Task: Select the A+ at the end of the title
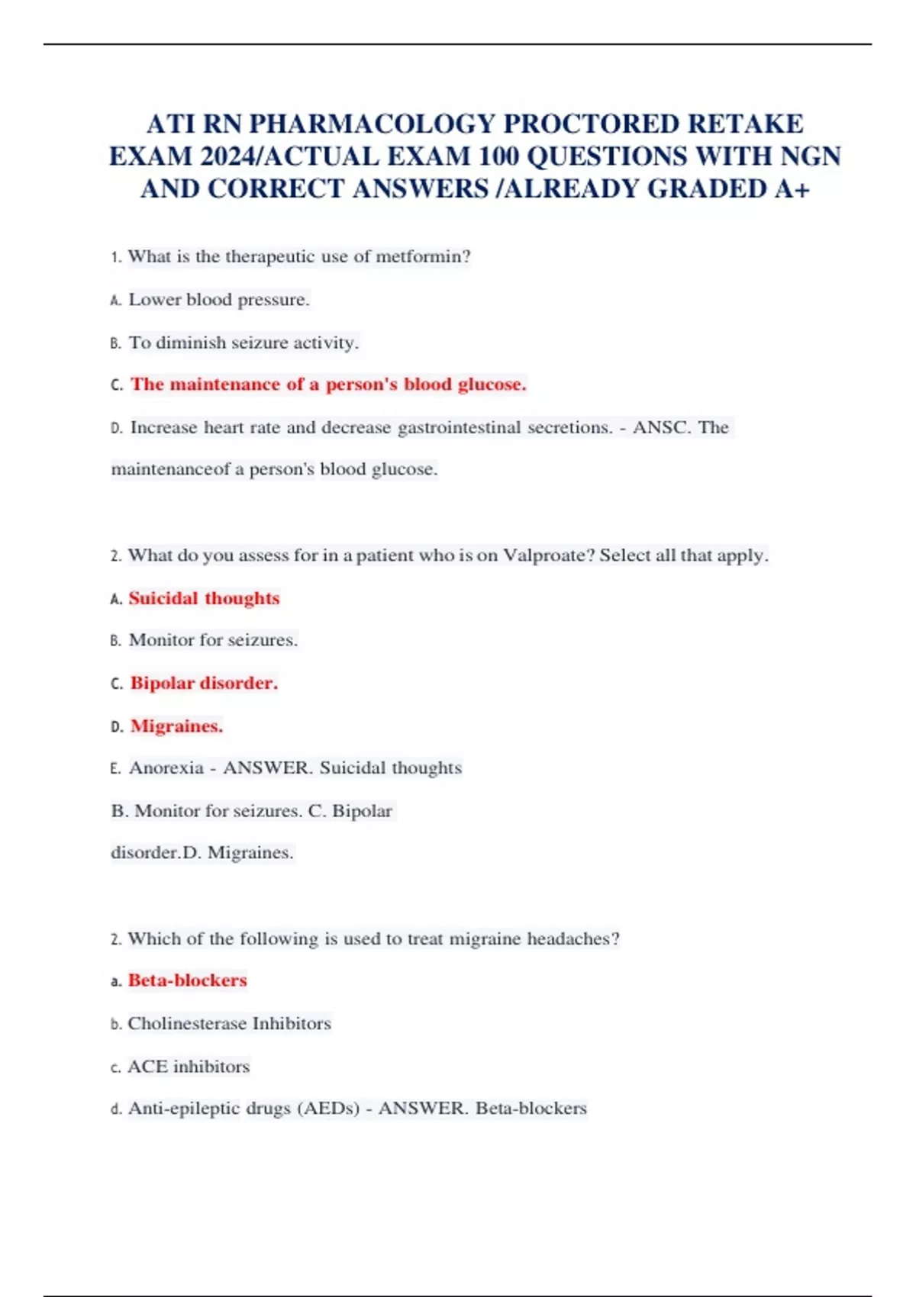tap(792, 188)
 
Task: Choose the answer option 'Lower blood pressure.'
tap(218, 300)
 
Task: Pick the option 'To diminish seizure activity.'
tap(243, 343)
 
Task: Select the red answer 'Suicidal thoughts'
tap(204, 598)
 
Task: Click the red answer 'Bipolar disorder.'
tap(204, 683)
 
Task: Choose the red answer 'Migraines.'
tap(176, 726)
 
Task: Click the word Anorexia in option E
tap(166, 768)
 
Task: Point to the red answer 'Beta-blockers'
tap(187, 980)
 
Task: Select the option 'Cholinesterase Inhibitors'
tap(229, 1023)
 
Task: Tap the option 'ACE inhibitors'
tap(189, 1066)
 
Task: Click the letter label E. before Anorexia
tap(115, 768)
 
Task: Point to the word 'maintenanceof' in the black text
tap(170, 469)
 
